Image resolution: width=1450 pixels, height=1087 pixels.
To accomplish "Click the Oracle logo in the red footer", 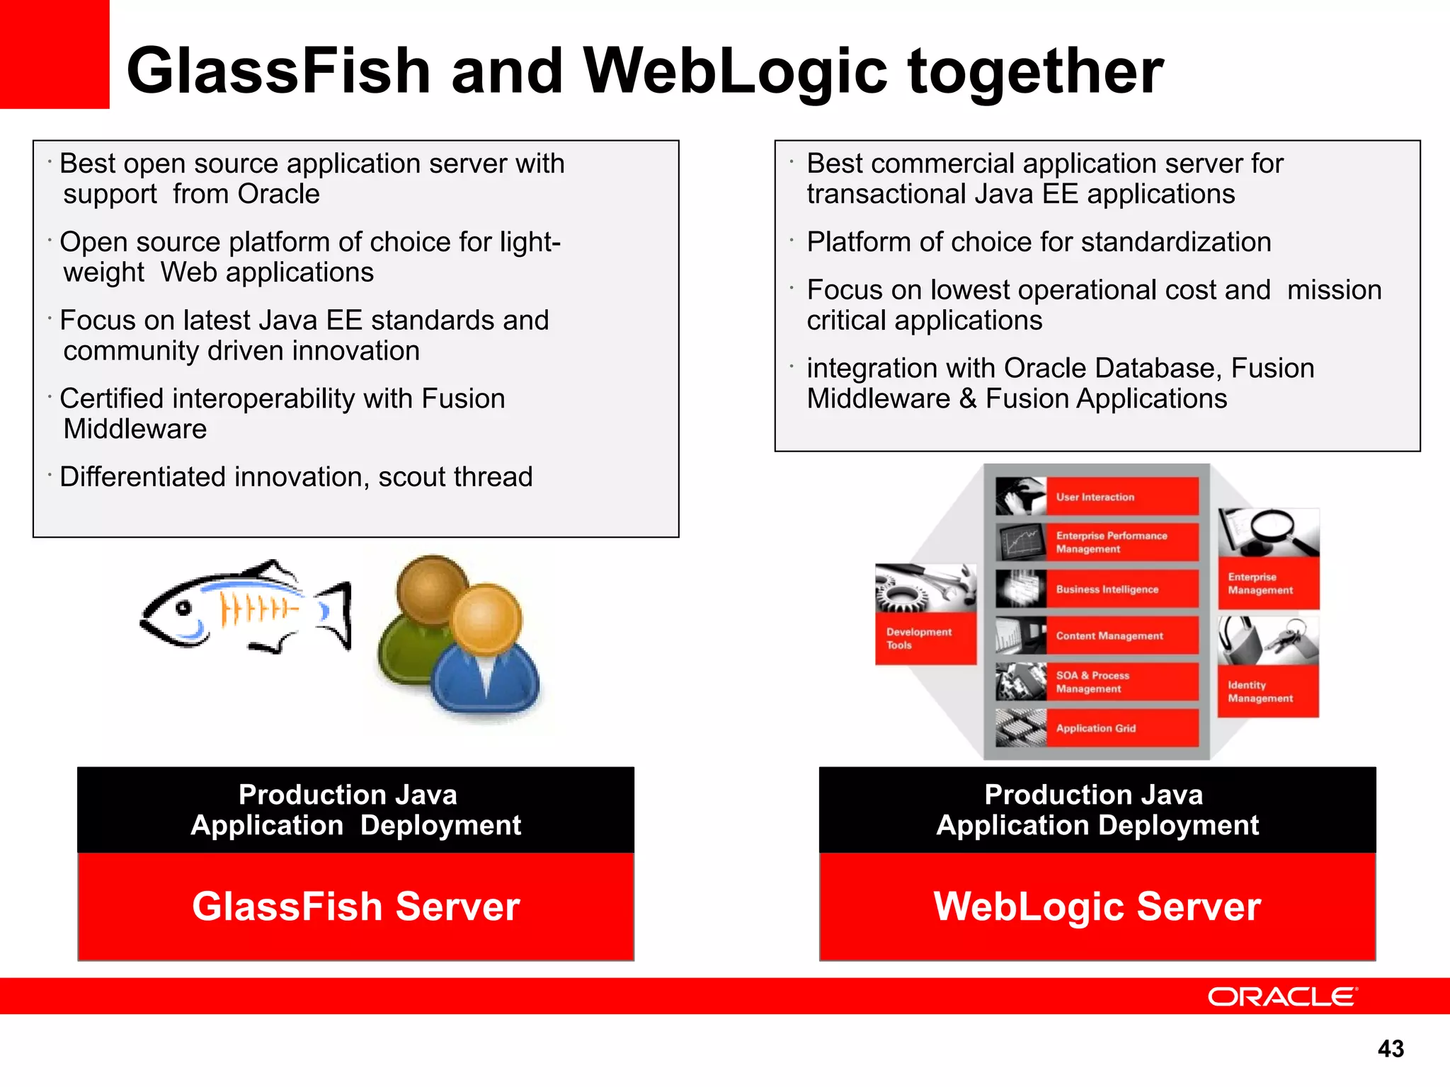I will [1282, 996].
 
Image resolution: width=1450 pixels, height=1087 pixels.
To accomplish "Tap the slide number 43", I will [1391, 1048].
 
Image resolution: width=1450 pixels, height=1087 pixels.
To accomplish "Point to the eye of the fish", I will [184, 608].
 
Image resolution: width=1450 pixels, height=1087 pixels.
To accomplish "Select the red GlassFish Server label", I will [355, 907].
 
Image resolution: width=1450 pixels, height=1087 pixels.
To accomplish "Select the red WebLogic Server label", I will [1097, 907].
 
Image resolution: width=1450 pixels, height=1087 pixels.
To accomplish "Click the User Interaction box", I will [1097, 497].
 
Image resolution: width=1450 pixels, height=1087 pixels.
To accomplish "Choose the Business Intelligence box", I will [1097, 589].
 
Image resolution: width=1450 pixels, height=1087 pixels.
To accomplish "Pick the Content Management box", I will [1097, 635].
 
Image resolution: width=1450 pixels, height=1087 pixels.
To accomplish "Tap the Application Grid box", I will [1097, 728].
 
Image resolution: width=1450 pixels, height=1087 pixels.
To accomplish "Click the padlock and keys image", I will [1268, 640].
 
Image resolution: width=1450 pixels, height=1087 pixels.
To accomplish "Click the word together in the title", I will [1035, 71].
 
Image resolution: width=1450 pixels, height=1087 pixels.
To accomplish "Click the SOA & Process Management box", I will [1097, 681].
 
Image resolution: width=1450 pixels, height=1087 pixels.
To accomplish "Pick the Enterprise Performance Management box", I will [1097, 542].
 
